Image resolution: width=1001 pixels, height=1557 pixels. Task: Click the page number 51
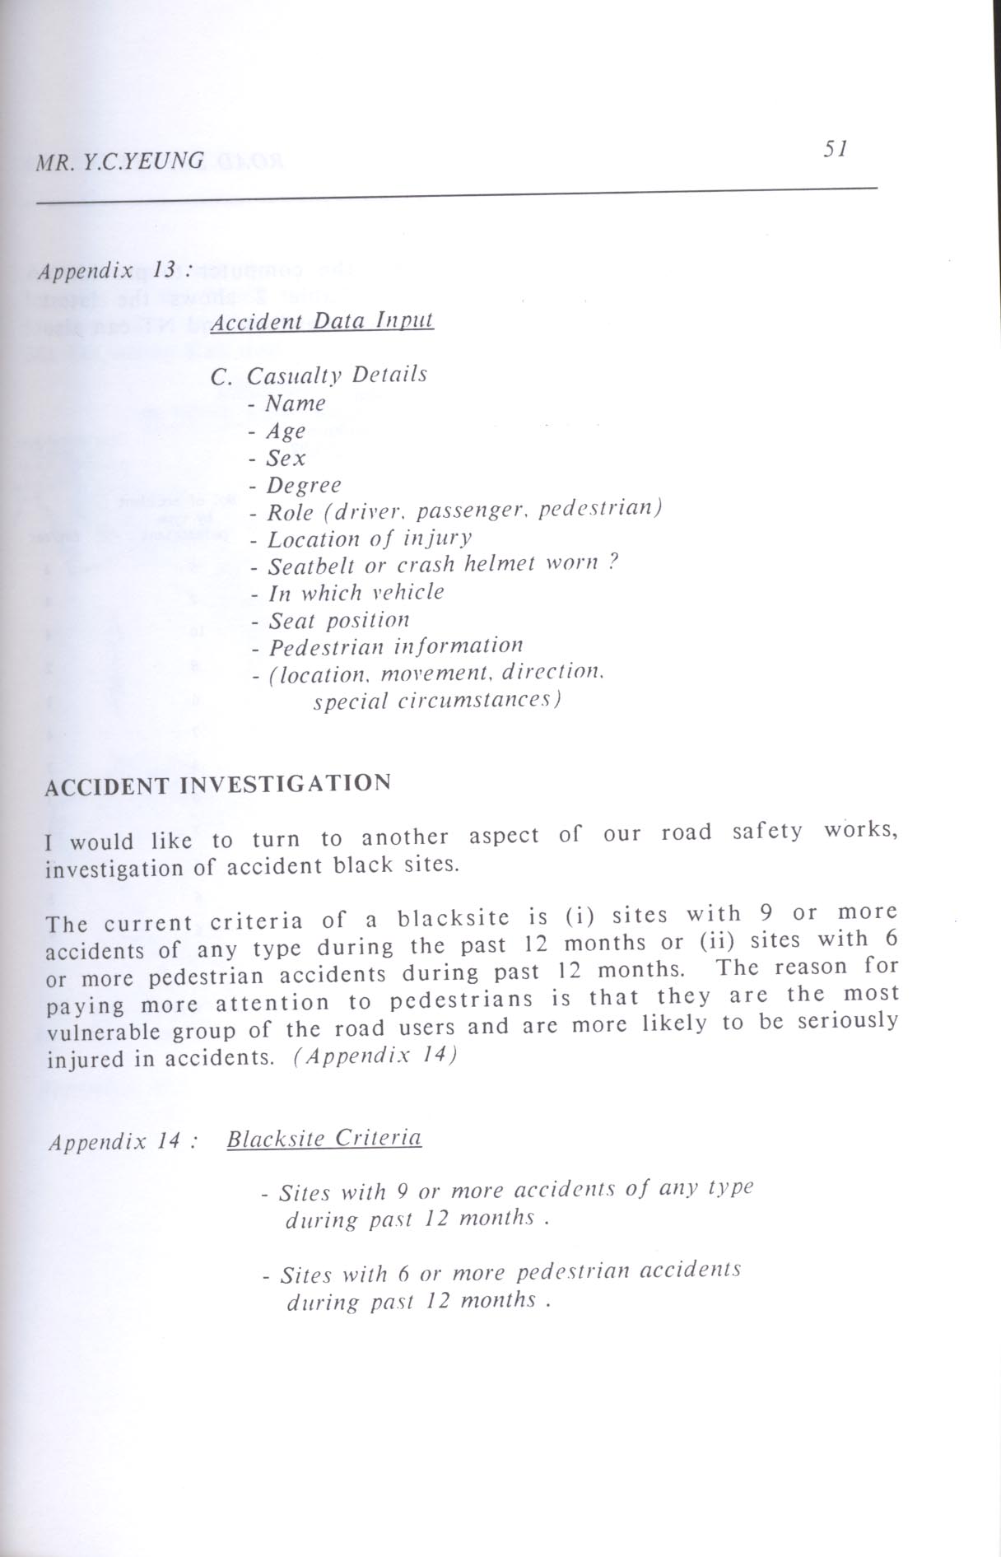[x=835, y=149]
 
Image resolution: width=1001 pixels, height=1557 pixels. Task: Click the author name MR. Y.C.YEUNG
[x=119, y=160]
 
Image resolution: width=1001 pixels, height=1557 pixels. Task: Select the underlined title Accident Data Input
[x=322, y=319]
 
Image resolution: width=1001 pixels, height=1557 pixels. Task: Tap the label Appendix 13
[x=114, y=270]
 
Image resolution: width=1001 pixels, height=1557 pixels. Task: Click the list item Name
[x=295, y=403]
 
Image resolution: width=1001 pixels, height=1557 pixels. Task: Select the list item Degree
[x=303, y=486]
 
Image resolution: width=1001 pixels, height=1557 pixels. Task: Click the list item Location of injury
[x=370, y=538]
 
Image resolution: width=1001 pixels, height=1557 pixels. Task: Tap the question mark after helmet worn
[x=612, y=562]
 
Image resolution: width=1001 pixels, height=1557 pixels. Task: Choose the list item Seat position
[x=338, y=619]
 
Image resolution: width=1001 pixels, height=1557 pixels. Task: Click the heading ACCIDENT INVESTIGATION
[x=218, y=784]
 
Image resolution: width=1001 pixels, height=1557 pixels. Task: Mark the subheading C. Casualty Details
[x=319, y=375]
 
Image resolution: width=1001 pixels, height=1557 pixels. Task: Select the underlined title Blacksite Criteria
[x=324, y=1139]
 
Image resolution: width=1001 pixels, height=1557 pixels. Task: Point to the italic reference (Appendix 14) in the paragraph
[x=375, y=1056]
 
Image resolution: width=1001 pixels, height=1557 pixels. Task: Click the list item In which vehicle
[x=356, y=592]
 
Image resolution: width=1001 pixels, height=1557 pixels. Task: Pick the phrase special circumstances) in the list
[x=437, y=701]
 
